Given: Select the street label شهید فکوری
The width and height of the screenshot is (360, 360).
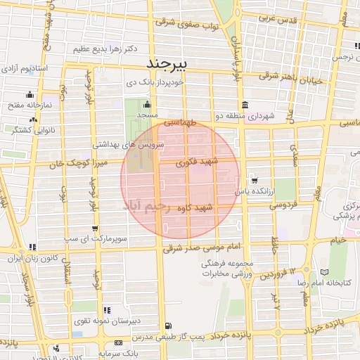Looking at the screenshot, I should click(x=200, y=162).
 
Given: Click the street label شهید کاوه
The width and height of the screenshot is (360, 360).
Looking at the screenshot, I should click(x=215, y=208).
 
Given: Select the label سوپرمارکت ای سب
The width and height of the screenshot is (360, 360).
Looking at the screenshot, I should click(x=102, y=239).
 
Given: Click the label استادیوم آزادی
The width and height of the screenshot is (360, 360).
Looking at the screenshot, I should click(x=26, y=69).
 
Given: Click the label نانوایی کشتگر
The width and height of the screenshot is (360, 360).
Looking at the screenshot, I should click(x=23, y=129).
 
